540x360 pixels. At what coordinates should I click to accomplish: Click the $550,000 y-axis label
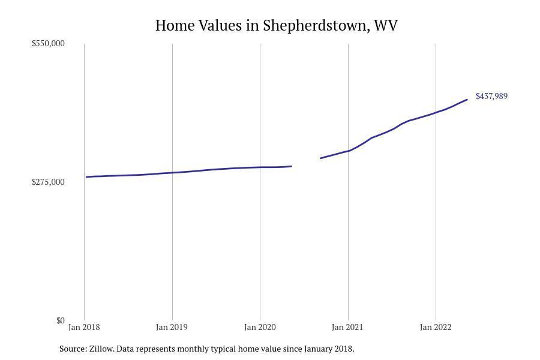point(48,43)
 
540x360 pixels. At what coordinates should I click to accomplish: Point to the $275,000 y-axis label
point(48,182)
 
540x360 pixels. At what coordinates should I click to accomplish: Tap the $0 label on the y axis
point(60,320)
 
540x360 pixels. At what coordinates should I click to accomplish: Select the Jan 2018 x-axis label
point(84,327)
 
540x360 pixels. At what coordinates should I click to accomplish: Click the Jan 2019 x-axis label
point(172,327)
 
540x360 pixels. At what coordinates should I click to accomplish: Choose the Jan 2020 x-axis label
point(260,327)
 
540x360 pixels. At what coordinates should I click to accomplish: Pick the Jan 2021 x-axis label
point(347,327)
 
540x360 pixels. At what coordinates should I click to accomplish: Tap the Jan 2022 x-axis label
point(436,327)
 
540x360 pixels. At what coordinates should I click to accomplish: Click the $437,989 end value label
point(491,96)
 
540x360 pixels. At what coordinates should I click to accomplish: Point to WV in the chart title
point(385,26)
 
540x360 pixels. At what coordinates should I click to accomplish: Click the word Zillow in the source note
point(101,349)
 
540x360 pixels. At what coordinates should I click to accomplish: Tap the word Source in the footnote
point(73,349)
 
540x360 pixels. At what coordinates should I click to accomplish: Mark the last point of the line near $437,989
point(467,100)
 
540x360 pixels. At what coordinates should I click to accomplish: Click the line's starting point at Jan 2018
point(87,177)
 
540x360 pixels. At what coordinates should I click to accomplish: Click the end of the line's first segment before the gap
point(291,166)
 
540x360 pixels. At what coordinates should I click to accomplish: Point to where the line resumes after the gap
point(321,158)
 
